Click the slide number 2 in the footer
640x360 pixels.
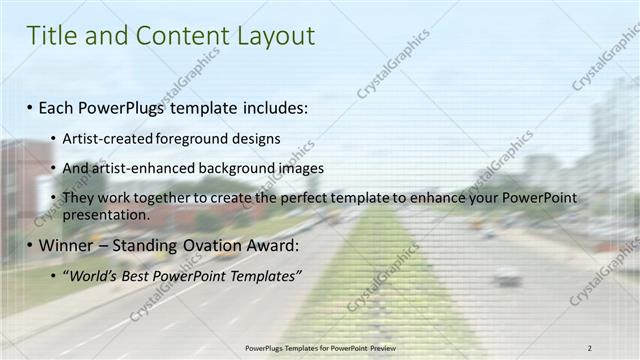[x=590, y=347]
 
